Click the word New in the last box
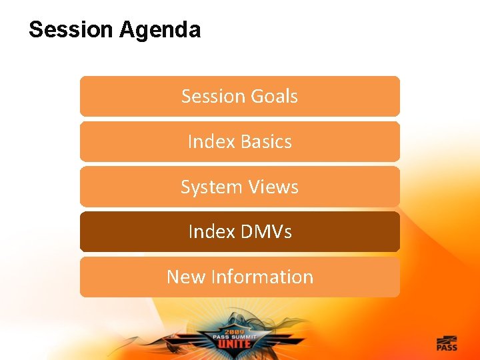186,277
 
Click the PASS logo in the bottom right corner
447,344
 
